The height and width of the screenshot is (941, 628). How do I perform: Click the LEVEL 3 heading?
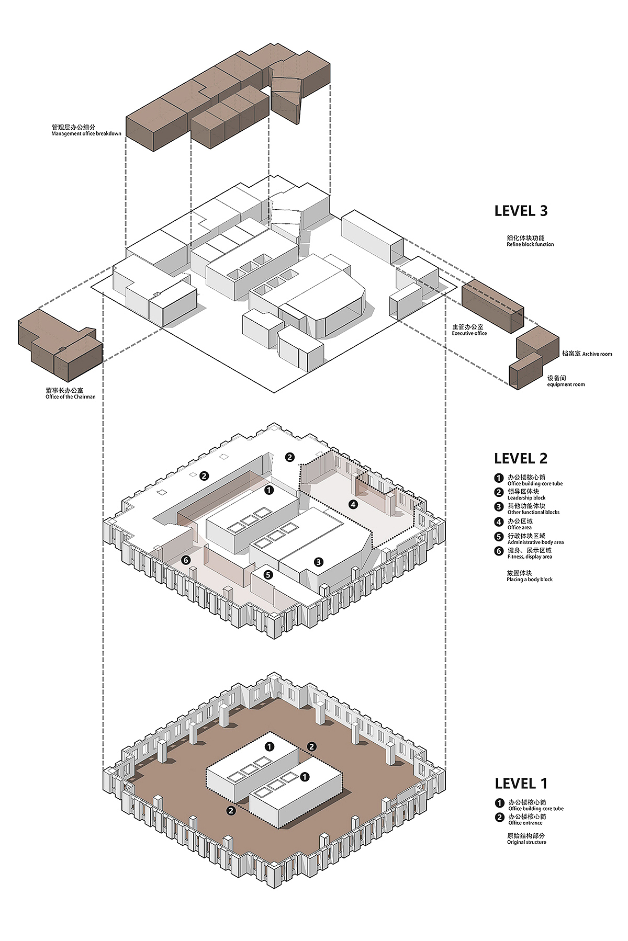pyautogui.click(x=521, y=211)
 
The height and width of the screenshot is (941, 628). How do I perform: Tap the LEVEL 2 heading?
pyautogui.click(x=521, y=458)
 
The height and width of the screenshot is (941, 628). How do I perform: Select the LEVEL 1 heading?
pyautogui.click(x=521, y=783)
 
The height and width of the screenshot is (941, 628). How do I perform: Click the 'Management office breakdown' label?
pyautogui.click(x=86, y=133)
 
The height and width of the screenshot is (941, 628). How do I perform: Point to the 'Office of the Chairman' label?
pyautogui.click(x=71, y=396)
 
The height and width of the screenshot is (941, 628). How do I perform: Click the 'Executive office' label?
pyautogui.click(x=469, y=333)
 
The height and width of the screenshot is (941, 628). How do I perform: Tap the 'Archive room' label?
pyautogui.click(x=597, y=354)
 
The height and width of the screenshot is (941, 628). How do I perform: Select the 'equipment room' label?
pyautogui.click(x=566, y=384)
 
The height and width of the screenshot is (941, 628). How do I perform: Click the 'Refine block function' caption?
pyautogui.click(x=530, y=244)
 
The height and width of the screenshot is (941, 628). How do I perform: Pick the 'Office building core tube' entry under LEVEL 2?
pyautogui.click(x=535, y=483)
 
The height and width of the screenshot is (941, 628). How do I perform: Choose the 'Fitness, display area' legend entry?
pyautogui.click(x=530, y=557)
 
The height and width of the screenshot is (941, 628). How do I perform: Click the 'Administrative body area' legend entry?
pyautogui.click(x=535, y=542)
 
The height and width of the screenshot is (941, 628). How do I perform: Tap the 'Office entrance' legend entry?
pyautogui.click(x=525, y=823)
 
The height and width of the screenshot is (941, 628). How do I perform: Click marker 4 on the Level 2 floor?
pyautogui.click(x=353, y=504)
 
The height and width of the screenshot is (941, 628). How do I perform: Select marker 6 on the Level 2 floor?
pyautogui.click(x=186, y=560)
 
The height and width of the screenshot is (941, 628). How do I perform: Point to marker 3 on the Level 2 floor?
pyautogui.click(x=319, y=562)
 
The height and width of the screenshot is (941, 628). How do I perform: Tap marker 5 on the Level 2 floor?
pyautogui.click(x=268, y=575)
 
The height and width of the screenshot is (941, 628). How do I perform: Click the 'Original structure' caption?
pyautogui.click(x=526, y=842)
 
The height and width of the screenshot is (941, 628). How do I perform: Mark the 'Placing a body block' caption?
pyautogui.click(x=530, y=579)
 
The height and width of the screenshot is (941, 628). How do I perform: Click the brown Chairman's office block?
pyautogui.click(x=60, y=346)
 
